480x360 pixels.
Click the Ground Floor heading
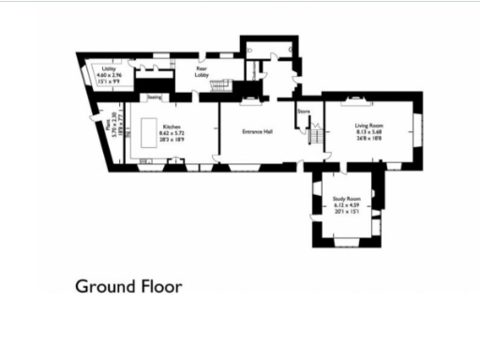pos(128,286)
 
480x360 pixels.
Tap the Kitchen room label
pos(171,127)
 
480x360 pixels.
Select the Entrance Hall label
pos(257,132)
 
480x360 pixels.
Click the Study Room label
pos(346,199)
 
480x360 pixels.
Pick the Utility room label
pos(110,69)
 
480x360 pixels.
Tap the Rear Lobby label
pos(202,71)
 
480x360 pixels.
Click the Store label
pos(303,112)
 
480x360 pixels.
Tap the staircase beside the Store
pos(315,137)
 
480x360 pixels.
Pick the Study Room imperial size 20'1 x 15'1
pos(346,212)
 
